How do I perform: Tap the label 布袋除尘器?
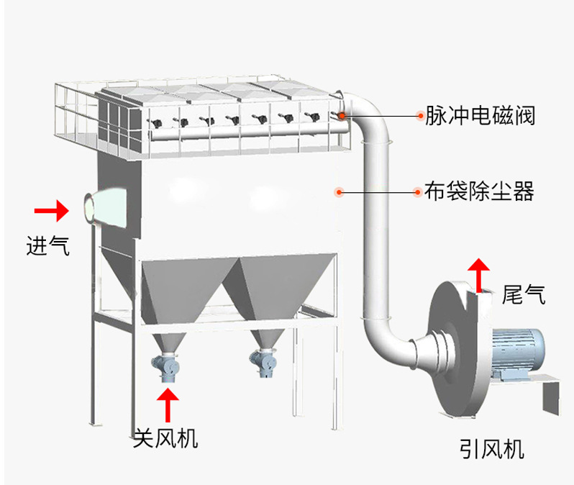(x=479, y=191)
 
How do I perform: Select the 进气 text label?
(x=47, y=246)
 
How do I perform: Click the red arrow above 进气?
(x=51, y=211)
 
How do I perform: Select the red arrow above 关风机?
(x=168, y=404)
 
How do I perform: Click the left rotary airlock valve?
(x=170, y=367)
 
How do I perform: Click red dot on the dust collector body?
(x=340, y=191)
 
